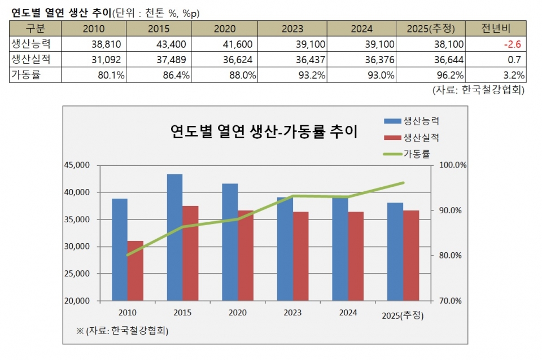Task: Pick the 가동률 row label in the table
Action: tap(26, 74)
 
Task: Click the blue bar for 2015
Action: tap(174, 237)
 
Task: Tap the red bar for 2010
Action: tap(135, 270)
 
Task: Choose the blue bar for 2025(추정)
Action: tap(395, 251)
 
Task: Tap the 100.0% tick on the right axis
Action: tap(451, 165)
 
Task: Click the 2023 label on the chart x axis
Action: tap(293, 312)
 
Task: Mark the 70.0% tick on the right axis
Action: tap(451, 301)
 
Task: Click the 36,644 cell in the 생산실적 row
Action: tap(449, 59)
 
